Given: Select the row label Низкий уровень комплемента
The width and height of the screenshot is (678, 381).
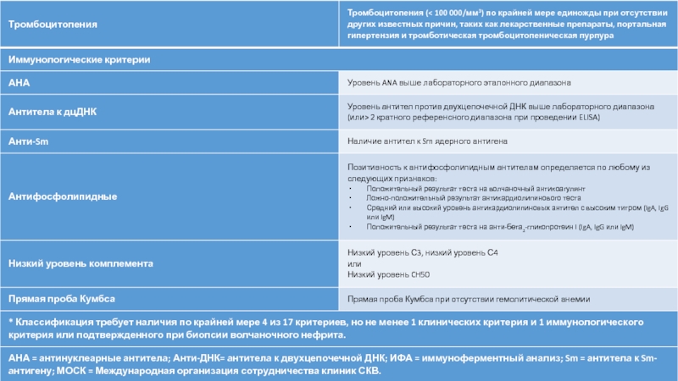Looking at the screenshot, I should [81, 263].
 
